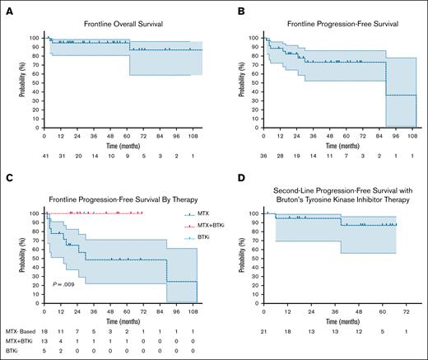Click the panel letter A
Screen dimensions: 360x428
pyautogui.click(x=7, y=9)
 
